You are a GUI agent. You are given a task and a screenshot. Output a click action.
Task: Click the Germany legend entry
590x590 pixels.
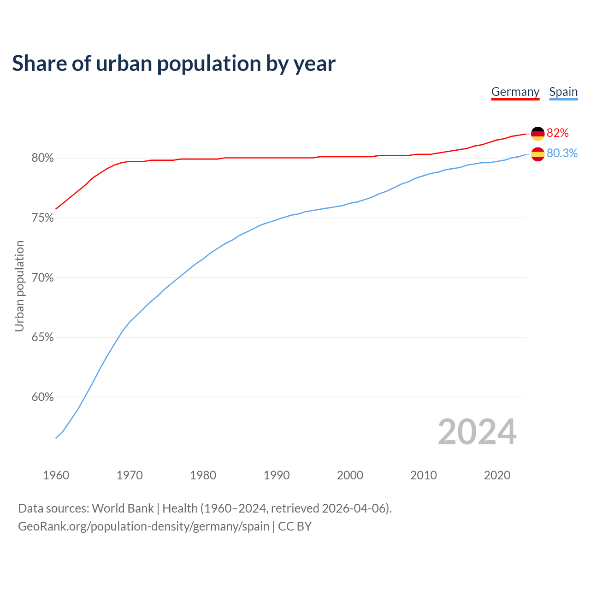point(515,92)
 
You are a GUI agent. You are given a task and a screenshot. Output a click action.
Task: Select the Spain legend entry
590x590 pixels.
point(563,92)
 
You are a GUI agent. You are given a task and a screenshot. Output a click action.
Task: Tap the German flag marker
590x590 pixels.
point(537,134)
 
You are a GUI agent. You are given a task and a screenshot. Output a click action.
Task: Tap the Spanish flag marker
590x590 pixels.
point(537,154)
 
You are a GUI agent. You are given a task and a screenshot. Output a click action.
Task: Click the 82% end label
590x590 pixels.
point(558,133)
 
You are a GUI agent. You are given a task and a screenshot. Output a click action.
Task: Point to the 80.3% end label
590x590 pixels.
point(562,153)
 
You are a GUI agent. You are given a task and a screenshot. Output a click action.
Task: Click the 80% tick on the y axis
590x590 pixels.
point(42,158)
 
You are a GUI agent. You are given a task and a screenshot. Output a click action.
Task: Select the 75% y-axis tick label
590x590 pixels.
point(42,218)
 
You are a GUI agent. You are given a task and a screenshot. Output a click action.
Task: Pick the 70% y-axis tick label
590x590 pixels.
point(42,278)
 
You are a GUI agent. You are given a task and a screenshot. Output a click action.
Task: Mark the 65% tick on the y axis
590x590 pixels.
point(42,337)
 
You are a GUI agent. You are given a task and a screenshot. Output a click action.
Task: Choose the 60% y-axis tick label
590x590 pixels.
point(42,397)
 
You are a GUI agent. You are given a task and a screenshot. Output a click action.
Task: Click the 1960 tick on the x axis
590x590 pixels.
point(56,475)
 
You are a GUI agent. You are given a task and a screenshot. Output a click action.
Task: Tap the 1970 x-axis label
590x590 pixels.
point(130,475)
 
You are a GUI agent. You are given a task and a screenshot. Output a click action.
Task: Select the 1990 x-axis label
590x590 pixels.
point(277,475)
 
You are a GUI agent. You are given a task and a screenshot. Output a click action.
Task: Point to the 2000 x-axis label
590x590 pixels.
point(350,475)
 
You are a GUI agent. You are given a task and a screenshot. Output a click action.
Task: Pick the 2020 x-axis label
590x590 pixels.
point(497,475)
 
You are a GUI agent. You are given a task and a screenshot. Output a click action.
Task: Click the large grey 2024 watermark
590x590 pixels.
point(477,432)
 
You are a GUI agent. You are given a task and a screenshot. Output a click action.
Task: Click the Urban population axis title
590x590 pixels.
point(19,286)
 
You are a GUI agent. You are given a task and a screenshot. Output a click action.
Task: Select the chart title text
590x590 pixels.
point(174,64)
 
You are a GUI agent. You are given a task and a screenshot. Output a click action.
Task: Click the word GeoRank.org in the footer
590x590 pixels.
point(53,526)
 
